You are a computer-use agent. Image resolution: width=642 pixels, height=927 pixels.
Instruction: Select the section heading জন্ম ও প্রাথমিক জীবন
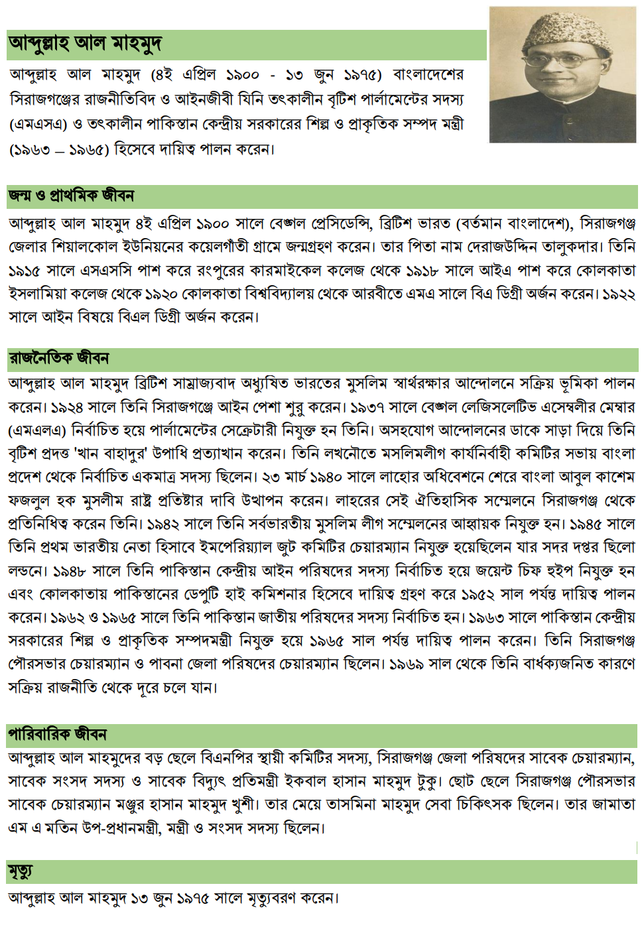72,196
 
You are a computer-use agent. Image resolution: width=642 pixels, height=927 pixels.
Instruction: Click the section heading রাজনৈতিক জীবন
59,359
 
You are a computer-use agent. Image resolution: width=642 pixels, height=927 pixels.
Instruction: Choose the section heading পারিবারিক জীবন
58,735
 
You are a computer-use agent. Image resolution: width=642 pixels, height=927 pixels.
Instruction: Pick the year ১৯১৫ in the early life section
25,271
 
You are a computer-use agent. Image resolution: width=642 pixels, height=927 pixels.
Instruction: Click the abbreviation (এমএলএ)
36,431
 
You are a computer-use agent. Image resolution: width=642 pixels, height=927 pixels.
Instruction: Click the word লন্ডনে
26,572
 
